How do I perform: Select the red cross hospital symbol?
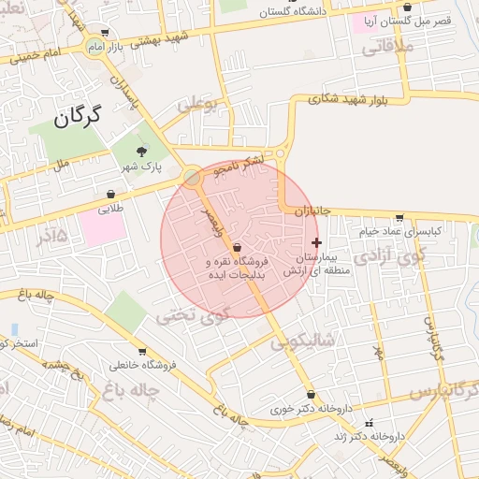point(315,241)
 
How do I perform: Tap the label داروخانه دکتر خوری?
point(283,408)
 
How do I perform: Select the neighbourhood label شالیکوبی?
point(303,342)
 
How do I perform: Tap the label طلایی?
point(111,210)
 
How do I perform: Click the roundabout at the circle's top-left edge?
point(192,177)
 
